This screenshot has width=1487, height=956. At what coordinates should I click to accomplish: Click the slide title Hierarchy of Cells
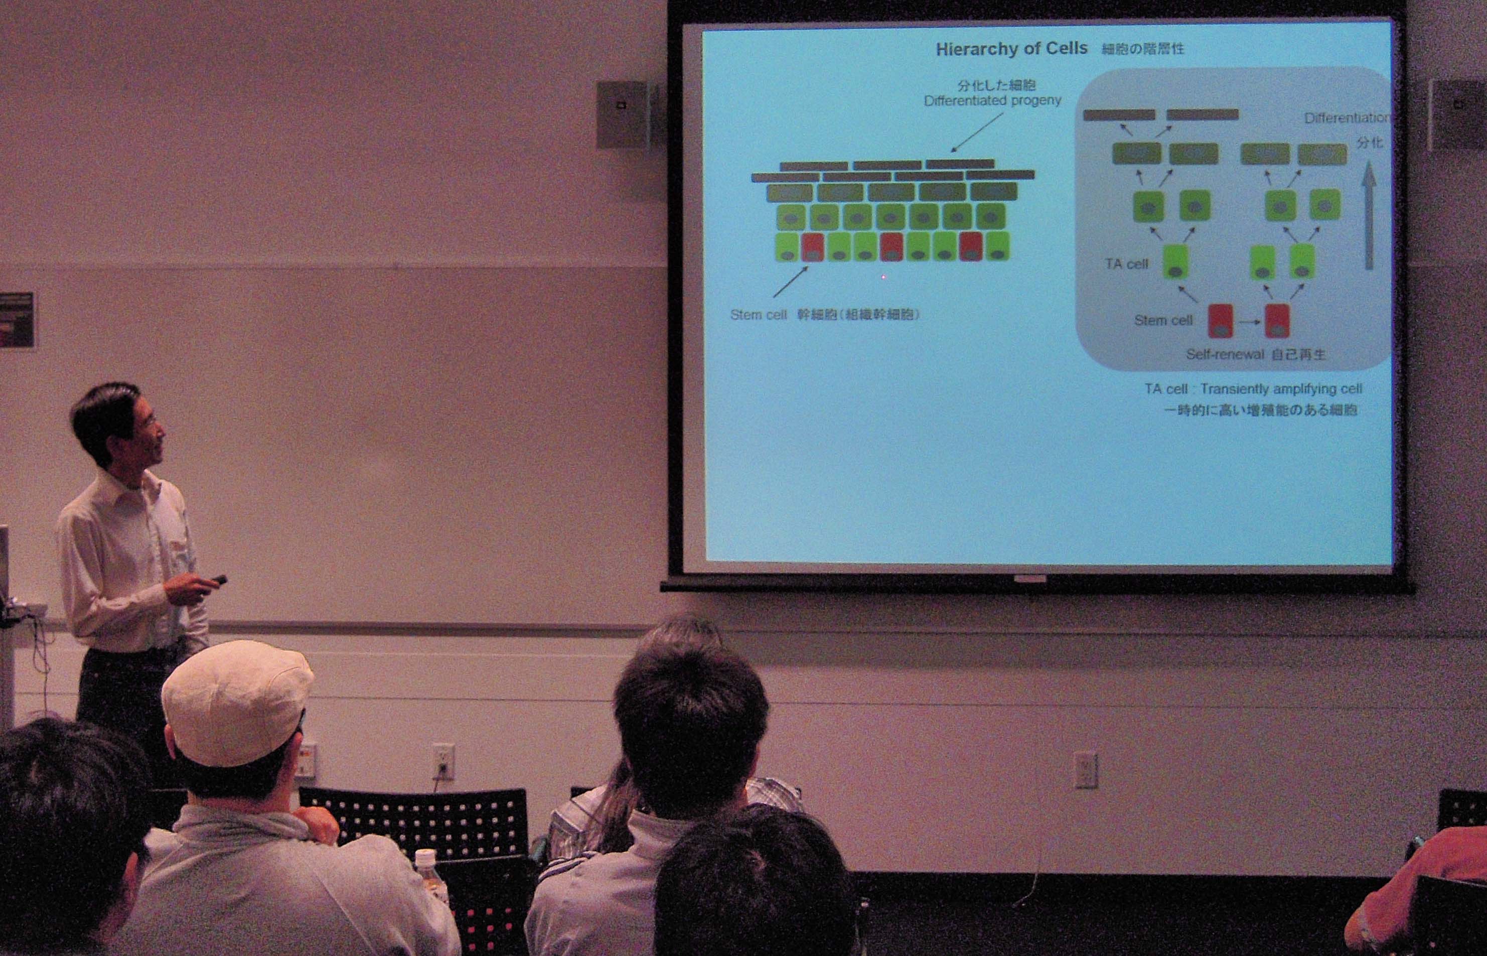[1011, 49]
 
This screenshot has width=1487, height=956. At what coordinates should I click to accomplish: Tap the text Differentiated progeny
[992, 100]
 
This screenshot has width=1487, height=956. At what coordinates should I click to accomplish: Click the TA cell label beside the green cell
[1126, 264]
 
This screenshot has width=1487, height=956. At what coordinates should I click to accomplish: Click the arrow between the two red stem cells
[1249, 322]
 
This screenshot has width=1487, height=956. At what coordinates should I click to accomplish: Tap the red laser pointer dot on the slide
[883, 277]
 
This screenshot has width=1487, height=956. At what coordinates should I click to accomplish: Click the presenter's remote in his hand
[218, 580]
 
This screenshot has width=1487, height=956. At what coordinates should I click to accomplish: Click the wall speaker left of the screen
[623, 114]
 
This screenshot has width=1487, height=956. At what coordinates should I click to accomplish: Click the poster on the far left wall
[17, 320]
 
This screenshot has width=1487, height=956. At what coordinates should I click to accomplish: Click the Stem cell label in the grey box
[1163, 320]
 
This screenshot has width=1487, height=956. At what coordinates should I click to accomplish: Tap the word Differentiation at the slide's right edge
[1346, 118]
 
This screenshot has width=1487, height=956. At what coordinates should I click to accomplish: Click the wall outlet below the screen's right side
[1086, 770]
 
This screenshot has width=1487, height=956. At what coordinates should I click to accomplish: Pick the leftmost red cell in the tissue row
[812, 247]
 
